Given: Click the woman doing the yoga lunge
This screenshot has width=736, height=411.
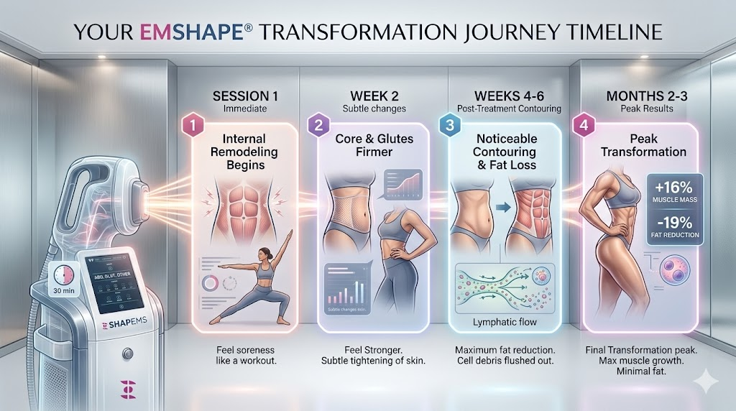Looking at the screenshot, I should (255, 282).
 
